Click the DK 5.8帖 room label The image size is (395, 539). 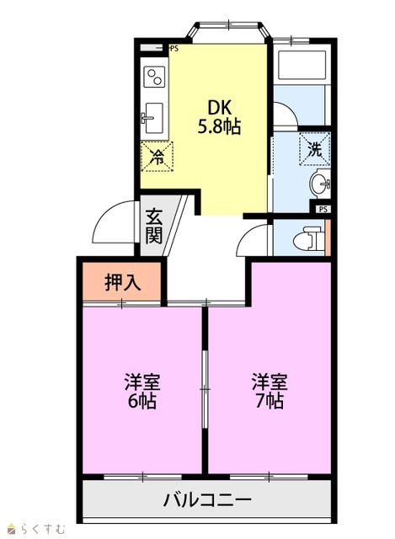point(219,117)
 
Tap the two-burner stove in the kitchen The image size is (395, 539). point(154,77)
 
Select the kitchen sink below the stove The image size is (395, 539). point(153,118)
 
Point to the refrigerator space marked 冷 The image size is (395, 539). point(157,157)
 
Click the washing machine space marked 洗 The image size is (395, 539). point(314,149)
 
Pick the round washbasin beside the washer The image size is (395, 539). point(319,184)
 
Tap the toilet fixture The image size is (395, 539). point(309,239)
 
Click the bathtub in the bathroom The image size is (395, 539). point(302,66)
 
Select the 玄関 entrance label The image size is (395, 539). point(153,226)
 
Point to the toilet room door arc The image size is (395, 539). point(245,234)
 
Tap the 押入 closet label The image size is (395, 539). point(122,282)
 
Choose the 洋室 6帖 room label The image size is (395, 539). point(142,391)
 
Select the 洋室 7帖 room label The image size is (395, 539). point(270,391)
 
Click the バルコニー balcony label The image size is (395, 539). point(207,499)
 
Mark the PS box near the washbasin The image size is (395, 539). point(323,209)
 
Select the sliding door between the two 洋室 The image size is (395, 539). point(205,389)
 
